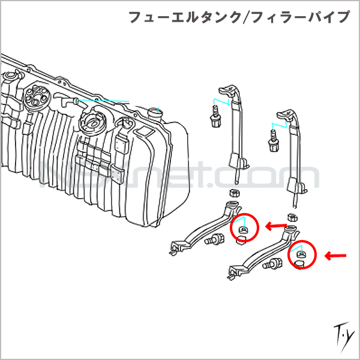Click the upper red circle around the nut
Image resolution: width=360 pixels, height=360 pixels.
pos(244,227)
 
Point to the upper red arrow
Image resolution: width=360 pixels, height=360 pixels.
pos(277,226)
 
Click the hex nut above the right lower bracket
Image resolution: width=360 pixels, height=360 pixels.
pos(292,217)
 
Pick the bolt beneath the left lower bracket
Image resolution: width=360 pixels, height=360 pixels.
pos(212,241)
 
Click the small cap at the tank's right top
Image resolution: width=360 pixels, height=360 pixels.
pos(155,111)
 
